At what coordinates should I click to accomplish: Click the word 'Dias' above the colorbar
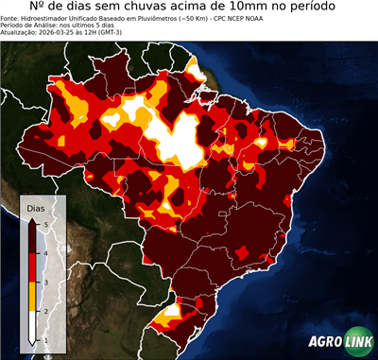(36, 206)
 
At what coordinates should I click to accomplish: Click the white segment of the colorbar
(32, 325)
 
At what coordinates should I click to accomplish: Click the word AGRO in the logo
(323, 342)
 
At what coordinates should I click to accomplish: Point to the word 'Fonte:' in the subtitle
(12, 17)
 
